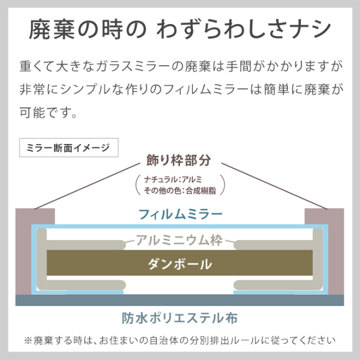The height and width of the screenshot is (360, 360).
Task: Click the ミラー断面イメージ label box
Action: [x=69, y=147]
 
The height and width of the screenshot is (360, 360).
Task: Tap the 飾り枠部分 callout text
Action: [x=179, y=160]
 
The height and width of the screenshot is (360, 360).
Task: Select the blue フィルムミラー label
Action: [x=181, y=214]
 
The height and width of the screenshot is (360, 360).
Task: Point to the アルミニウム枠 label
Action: [x=179, y=240]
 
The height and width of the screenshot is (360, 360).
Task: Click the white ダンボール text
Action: [x=180, y=264]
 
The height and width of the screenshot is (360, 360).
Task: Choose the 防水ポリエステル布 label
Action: [x=179, y=318]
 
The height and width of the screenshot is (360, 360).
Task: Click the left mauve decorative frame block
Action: [x=24, y=251]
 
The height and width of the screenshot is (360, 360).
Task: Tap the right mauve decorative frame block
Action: [x=336, y=251]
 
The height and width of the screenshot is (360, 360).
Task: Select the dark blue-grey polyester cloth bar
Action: [x=180, y=300]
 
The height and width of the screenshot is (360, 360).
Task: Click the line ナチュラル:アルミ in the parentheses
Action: [x=173, y=179]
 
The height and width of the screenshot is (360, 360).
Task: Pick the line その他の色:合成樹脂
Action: [x=180, y=191]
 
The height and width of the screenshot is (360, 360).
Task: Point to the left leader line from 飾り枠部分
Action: [x=87, y=186]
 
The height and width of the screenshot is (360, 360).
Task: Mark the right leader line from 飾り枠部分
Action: [x=274, y=186]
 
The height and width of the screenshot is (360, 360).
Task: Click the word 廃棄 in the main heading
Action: [x=52, y=30]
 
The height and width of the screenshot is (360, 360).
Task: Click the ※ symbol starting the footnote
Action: [x=28, y=340]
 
